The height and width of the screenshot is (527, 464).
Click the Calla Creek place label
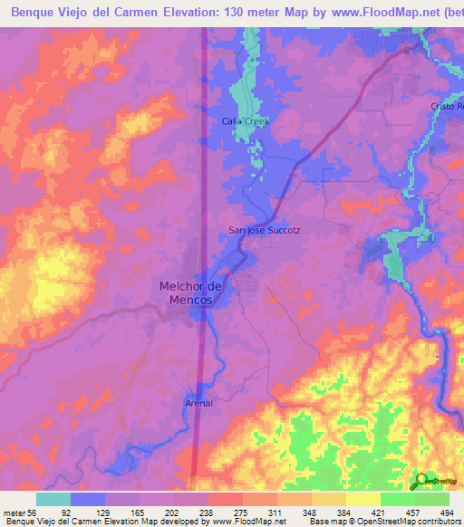[x=246, y=120]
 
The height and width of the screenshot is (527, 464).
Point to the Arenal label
[x=199, y=403]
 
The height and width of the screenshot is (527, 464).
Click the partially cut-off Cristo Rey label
[x=447, y=107]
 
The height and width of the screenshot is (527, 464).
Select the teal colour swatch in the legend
[x=53, y=498]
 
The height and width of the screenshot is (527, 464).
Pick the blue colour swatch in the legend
[x=88, y=498]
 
